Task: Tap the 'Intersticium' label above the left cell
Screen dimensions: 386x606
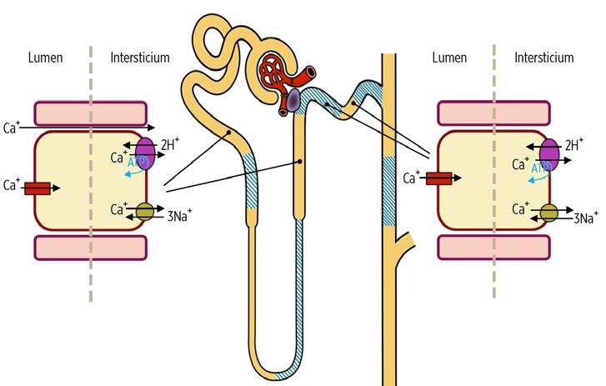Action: point(140,58)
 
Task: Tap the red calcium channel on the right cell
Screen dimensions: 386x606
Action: point(439,178)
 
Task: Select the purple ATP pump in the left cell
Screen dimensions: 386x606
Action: point(144,155)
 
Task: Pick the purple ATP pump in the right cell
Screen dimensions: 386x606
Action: point(548,155)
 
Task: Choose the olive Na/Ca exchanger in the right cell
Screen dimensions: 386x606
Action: point(548,213)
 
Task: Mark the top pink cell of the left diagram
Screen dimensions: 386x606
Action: point(90,114)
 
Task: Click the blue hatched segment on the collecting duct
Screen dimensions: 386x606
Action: point(388,191)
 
